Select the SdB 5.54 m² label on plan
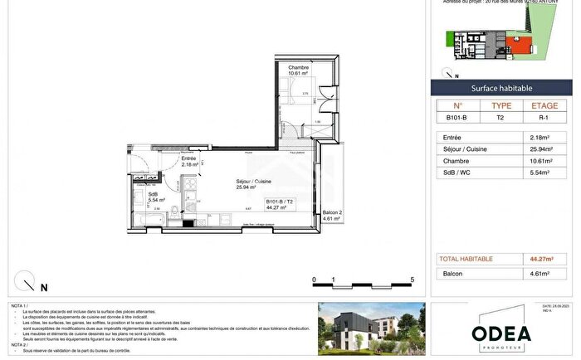tap(155, 197)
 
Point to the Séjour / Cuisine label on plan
tap(230, 184)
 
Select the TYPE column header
tap(501, 106)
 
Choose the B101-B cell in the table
tap(457, 119)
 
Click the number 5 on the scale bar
tap(413, 280)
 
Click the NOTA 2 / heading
tap(18, 344)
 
